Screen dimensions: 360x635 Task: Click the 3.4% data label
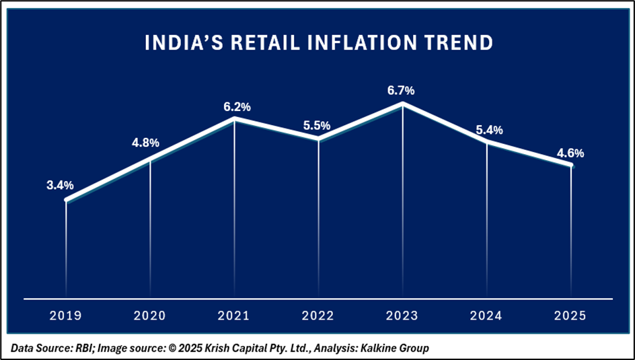(60, 185)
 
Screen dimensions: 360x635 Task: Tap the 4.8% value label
(145, 143)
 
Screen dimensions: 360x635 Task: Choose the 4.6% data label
(570, 153)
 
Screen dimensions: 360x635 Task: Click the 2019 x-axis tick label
(65, 316)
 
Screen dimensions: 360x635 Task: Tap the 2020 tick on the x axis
(149, 316)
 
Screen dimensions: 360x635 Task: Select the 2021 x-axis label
(234, 316)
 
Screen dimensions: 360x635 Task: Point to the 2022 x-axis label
(318, 316)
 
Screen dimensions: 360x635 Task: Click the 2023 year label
(402, 316)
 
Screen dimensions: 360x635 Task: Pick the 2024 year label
(486, 316)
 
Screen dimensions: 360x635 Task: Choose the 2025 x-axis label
(570, 316)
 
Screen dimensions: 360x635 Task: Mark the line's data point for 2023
(402, 104)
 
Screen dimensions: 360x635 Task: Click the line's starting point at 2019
(66, 200)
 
